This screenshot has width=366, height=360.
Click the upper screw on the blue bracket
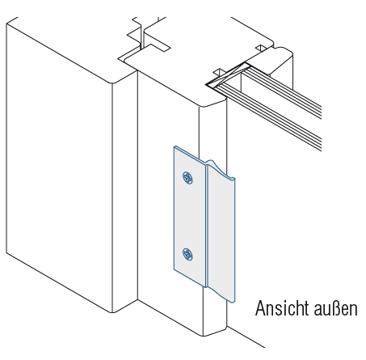pyautogui.click(x=187, y=178)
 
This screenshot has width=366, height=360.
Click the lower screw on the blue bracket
pyautogui.click(x=187, y=254)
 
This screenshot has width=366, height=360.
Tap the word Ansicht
pyautogui.click(x=281, y=308)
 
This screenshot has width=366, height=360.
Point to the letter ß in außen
pyautogui.click(x=336, y=308)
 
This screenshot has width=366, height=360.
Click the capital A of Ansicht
pyautogui.click(x=260, y=308)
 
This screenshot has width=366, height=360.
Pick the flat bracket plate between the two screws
pyautogui.click(x=189, y=216)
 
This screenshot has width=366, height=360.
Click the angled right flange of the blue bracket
pyautogui.click(x=221, y=232)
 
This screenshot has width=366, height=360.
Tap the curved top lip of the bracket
pyautogui.click(x=221, y=169)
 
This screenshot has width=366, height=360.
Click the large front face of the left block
pyautogui.click(x=59, y=167)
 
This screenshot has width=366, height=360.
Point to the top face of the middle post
pyautogui.click(x=176, y=81)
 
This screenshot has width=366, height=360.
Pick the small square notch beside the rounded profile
pyautogui.click(x=261, y=48)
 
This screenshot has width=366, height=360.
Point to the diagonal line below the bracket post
pyautogui.click(x=246, y=337)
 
